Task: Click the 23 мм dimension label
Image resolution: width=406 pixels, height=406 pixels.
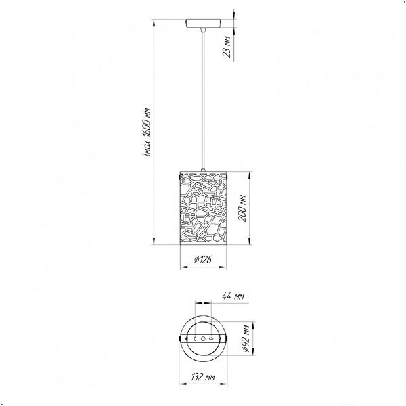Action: click(x=227, y=46)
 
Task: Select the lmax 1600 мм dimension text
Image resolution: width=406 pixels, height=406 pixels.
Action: click(x=147, y=131)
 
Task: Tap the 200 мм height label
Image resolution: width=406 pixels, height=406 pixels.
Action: click(x=242, y=208)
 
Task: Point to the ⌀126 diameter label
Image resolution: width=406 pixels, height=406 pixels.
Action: click(x=203, y=259)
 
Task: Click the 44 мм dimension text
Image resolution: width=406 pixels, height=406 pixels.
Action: click(x=233, y=296)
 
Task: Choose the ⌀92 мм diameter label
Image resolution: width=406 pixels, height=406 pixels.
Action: click(x=246, y=338)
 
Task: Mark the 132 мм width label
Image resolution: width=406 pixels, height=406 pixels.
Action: click(x=203, y=377)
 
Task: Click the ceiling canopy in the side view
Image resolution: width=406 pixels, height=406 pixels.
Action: click(x=203, y=23)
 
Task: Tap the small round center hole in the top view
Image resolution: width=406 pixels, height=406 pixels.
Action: click(x=203, y=338)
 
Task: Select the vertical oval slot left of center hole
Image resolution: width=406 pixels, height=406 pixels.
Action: click(x=196, y=338)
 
